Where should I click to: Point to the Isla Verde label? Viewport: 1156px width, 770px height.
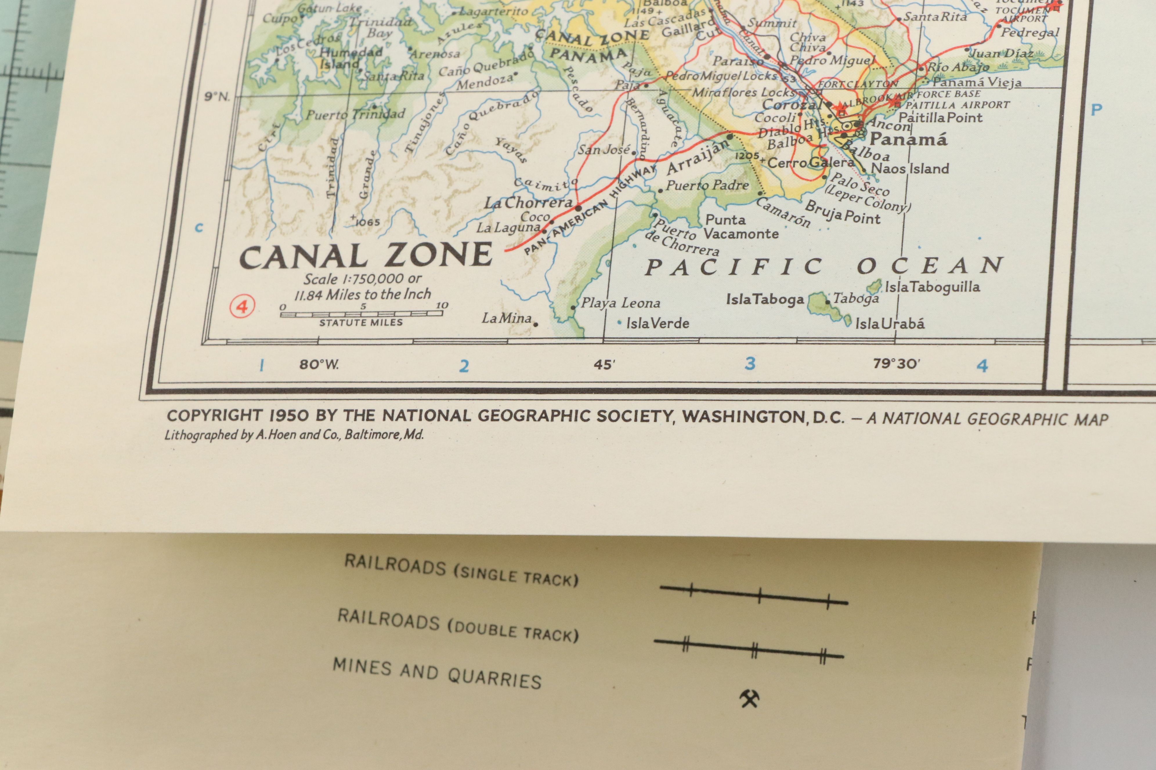pyautogui.click(x=657, y=323)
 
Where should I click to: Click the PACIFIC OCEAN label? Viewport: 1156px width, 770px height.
pyautogui.click(x=823, y=267)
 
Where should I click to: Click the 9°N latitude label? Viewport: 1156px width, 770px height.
pyautogui.click(x=217, y=96)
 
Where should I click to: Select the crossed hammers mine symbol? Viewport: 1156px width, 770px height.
pyautogui.click(x=749, y=698)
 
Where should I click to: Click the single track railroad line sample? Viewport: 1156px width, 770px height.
pyautogui.click(x=754, y=595)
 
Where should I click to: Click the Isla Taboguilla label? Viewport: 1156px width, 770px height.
pyautogui.click(x=932, y=287)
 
